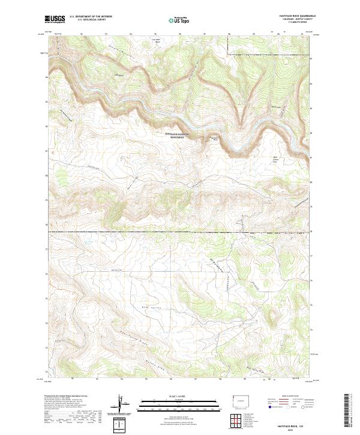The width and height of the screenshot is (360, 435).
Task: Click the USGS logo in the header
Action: pyautogui.click(x=55, y=19)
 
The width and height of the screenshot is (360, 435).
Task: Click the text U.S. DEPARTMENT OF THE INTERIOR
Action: pyautogui.click(x=91, y=17)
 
